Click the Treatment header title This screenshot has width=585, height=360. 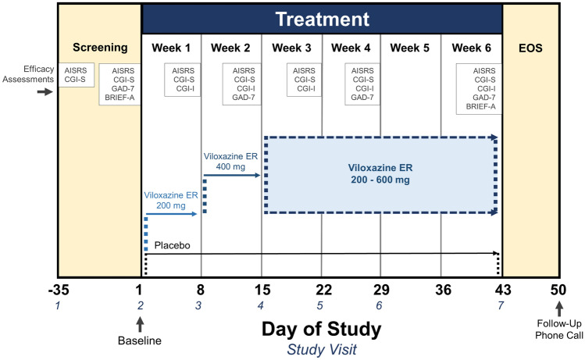coord(321,20)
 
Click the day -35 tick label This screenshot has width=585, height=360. coord(57,290)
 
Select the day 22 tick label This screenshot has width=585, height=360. coord(321,290)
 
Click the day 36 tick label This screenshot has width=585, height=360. coord(441,290)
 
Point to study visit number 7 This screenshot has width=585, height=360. coord(501,305)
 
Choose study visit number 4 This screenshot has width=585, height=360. coord(261,305)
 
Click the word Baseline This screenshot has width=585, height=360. coord(141,340)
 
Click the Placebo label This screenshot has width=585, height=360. coord(173,245)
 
